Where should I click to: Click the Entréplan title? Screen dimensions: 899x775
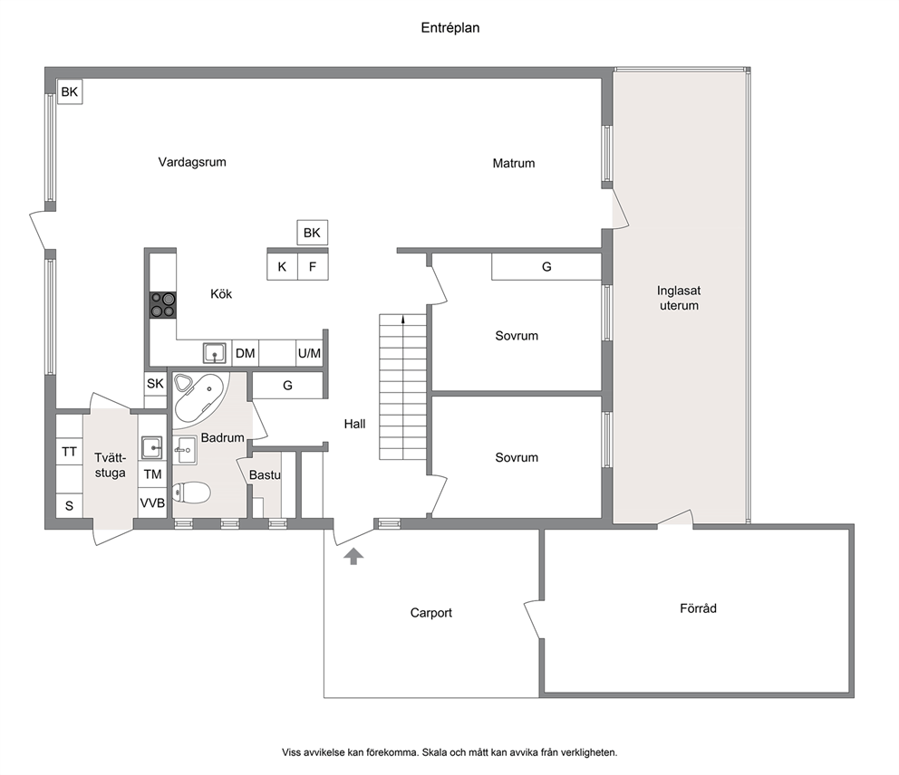point(450,28)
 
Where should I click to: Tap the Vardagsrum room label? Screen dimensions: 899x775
point(192,162)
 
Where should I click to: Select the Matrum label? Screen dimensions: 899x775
point(514,163)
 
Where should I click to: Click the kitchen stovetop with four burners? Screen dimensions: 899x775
point(163,305)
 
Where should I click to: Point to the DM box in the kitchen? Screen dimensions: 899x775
point(246,353)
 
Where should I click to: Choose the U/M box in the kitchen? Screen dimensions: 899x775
point(310,353)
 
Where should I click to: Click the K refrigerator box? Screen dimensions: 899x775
point(282,267)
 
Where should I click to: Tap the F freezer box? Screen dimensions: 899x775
point(313,267)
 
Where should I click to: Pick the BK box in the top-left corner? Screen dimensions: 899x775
point(70,91)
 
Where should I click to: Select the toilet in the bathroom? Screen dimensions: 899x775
point(192,493)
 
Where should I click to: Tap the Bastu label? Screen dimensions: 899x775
point(265,474)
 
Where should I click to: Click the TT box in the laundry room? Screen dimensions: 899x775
point(70,452)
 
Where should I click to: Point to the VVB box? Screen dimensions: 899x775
point(152,503)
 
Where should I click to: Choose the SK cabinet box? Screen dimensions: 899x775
point(155,384)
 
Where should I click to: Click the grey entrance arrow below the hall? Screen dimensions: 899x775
point(353,556)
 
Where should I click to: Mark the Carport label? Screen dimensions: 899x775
point(431,613)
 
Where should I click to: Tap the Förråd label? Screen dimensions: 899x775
point(699,608)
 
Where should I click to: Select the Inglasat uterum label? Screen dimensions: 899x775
point(679,298)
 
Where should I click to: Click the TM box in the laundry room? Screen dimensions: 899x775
point(152,474)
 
